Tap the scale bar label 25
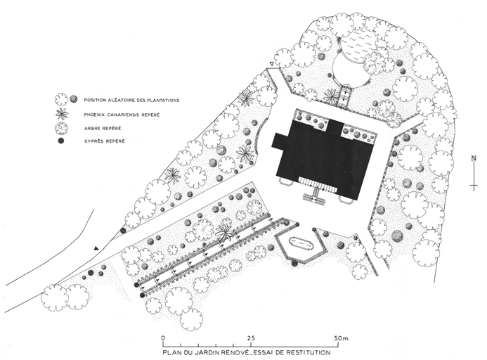251,338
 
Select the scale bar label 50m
342,338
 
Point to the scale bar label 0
163,338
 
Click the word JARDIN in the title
203,353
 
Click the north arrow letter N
474,158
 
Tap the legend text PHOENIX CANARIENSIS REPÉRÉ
122,115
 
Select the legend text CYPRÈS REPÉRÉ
105,141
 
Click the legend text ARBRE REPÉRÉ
103,128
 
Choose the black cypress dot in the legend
61,141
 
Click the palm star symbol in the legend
62,113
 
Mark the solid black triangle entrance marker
96,248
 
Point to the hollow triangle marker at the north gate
272,64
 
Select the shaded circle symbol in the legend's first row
73,98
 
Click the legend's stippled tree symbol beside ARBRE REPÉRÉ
61,128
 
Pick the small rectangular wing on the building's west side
276,141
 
